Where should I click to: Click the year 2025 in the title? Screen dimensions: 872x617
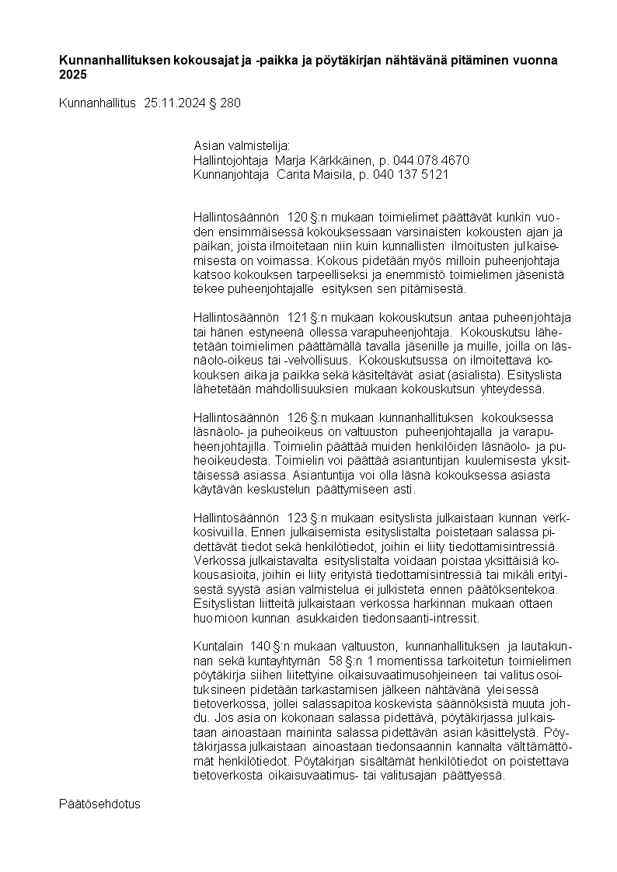(73, 75)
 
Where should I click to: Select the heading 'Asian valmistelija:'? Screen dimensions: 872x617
(241, 145)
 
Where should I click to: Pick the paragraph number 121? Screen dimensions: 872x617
(298, 317)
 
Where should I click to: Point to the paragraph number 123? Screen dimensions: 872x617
(298, 518)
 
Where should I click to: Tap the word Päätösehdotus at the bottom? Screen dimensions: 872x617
(99, 804)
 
